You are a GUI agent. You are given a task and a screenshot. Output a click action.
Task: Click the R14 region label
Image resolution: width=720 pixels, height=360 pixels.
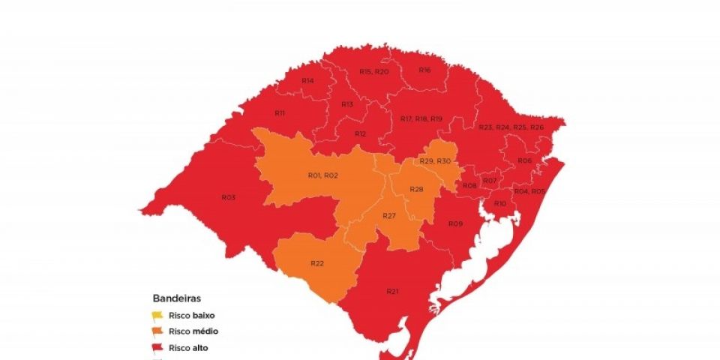[x=307, y=80]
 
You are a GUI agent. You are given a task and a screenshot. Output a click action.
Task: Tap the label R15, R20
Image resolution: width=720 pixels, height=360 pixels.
[x=373, y=71]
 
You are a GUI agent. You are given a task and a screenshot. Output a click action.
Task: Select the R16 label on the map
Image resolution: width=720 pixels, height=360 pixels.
[x=424, y=70]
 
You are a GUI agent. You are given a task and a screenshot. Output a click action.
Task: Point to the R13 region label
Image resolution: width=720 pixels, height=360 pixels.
[x=346, y=104]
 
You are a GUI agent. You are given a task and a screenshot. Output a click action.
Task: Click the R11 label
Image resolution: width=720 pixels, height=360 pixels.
[x=279, y=112]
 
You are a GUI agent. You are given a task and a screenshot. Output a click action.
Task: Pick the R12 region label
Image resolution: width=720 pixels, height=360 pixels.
[x=360, y=133]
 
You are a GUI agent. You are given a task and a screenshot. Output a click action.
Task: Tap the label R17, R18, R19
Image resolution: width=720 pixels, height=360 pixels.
[x=421, y=118]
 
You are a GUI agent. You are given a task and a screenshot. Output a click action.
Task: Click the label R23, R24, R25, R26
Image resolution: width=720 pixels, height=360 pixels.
[x=511, y=127]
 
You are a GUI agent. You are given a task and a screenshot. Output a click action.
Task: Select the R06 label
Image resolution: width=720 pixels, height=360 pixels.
[x=524, y=160]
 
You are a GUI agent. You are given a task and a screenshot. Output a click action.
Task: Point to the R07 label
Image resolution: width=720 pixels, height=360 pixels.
[x=490, y=181]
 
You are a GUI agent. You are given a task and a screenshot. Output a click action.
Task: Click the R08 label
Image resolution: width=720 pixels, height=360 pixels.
[x=469, y=185]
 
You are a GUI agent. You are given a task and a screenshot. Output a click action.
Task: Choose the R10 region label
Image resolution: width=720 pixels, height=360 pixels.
[x=500, y=203]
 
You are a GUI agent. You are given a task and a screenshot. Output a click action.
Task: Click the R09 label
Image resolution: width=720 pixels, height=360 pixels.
[x=455, y=223]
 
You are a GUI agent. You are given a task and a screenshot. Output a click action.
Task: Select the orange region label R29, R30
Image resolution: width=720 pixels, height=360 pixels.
[x=435, y=161]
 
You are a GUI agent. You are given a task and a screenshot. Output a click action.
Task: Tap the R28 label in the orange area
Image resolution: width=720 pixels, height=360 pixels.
[x=416, y=189]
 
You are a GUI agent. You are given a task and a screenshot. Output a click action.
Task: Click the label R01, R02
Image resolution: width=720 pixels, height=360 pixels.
[x=323, y=175]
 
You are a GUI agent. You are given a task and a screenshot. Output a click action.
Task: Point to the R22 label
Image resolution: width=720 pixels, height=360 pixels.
[x=316, y=262]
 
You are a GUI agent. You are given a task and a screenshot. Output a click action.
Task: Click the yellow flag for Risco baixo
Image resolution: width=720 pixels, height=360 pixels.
[x=157, y=316]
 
